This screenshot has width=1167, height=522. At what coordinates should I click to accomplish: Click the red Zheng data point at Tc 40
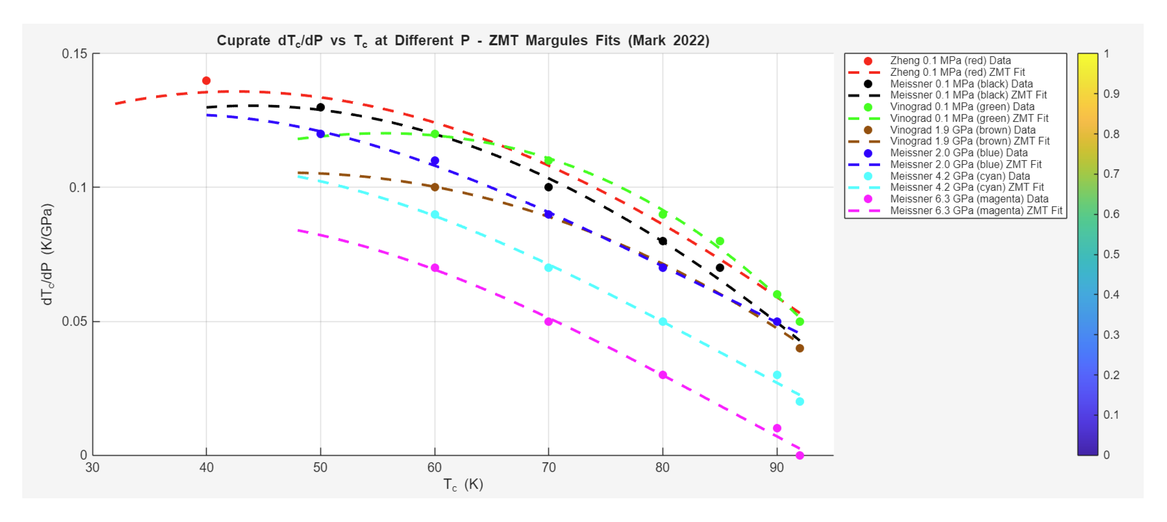coord(206,81)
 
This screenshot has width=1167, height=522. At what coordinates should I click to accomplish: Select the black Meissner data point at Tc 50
coord(320,107)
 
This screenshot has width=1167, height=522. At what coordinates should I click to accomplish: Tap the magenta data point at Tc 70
coord(548,321)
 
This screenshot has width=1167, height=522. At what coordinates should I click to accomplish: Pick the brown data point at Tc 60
coord(435,187)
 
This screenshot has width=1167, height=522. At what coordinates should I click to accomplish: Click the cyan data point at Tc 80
coord(662,321)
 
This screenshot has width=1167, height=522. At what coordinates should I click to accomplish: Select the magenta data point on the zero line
coord(800,455)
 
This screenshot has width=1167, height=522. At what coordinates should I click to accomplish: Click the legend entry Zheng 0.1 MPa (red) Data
coord(950,61)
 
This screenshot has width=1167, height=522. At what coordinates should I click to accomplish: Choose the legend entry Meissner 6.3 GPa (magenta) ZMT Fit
coord(976,211)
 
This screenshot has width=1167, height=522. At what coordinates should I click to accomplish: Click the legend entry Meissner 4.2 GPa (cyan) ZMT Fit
coord(966,187)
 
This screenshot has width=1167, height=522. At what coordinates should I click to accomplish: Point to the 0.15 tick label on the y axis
coord(74,54)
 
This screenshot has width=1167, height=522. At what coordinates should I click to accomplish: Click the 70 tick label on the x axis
coord(548,468)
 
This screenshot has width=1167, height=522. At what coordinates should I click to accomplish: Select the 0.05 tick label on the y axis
coord(74,321)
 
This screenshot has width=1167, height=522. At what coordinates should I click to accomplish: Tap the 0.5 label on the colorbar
coord(1111,254)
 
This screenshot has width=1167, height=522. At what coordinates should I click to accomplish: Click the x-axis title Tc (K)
coord(463,484)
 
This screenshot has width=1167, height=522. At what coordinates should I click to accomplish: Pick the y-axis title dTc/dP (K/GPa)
coord(47,254)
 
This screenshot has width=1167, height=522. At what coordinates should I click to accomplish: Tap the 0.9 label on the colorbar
coord(1111,94)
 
